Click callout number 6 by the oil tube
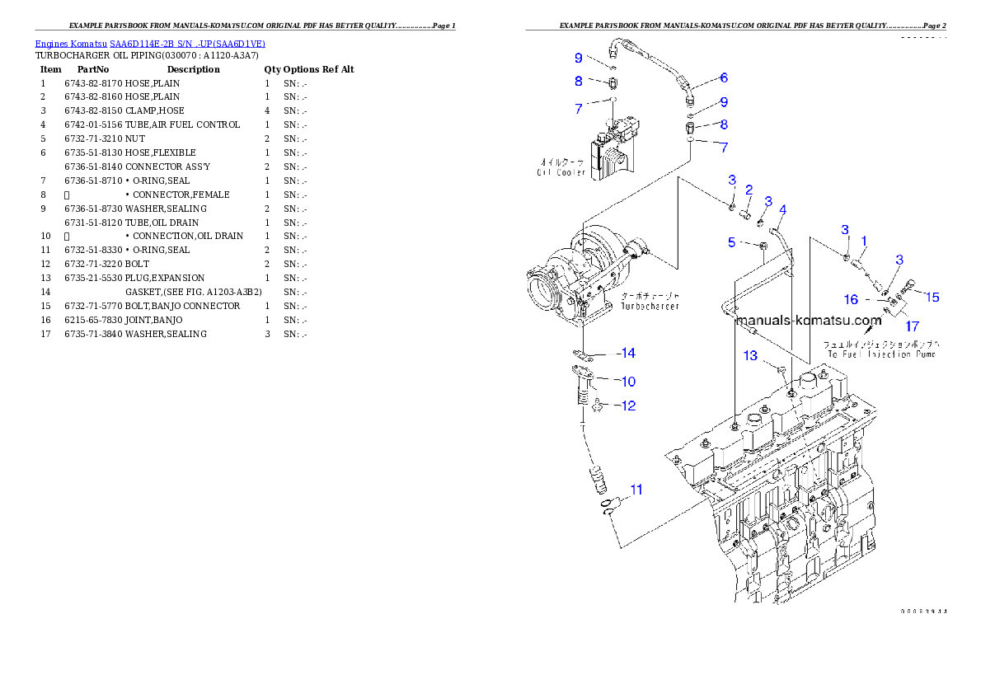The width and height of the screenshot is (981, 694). tap(723, 78)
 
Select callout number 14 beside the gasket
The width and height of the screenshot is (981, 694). tap(627, 354)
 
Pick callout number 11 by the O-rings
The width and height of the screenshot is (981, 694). tap(636, 490)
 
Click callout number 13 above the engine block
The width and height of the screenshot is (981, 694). tap(750, 356)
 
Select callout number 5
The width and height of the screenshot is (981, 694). tap(731, 242)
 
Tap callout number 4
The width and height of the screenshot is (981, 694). tap(782, 209)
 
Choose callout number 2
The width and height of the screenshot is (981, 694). tap(749, 190)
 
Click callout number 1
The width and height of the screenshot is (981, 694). tap(863, 241)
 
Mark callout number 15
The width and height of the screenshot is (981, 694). tap(932, 297)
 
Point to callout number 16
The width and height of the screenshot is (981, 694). tap(851, 299)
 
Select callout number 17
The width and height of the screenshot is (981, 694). tap(913, 326)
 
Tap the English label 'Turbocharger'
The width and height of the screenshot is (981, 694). tap(650, 306)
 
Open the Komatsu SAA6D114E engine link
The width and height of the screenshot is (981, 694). tap(150, 44)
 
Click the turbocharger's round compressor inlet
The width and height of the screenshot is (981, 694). tap(543, 290)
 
